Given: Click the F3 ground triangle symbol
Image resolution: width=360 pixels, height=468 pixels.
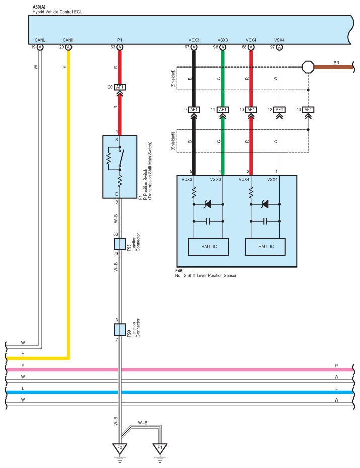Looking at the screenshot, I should (x=120, y=447).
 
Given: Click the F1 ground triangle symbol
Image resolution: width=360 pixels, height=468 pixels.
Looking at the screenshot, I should (x=160, y=447).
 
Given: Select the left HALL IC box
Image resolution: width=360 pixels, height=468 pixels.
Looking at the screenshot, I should (x=208, y=246).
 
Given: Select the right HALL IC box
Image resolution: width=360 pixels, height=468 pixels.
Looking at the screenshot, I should (x=265, y=246).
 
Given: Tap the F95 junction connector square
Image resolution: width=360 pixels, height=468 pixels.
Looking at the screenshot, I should (x=120, y=244).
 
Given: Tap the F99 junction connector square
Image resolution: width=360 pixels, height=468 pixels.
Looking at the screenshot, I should (x=120, y=329).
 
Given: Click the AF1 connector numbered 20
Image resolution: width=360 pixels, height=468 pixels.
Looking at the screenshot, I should (x=120, y=87).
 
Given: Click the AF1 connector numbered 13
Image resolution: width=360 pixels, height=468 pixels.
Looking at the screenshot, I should (x=308, y=110).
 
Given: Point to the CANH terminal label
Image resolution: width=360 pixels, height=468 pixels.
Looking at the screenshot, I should (x=68, y=40).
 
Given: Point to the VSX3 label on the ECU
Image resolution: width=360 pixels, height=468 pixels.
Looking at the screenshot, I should (x=223, y=40).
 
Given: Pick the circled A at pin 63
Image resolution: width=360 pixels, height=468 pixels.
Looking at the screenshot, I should (x=120, y=47).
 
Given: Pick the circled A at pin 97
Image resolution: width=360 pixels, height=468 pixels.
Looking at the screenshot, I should (x=279, y=47).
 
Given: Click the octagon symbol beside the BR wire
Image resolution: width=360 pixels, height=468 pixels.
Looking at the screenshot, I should (x=308, y=66).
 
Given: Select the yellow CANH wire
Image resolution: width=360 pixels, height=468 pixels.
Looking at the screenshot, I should (x=68, y=202).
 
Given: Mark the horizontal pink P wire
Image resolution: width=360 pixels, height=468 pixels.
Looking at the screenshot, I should (x=201, y=369).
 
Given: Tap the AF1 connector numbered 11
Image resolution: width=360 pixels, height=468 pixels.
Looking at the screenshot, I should (x=223, y=110).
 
